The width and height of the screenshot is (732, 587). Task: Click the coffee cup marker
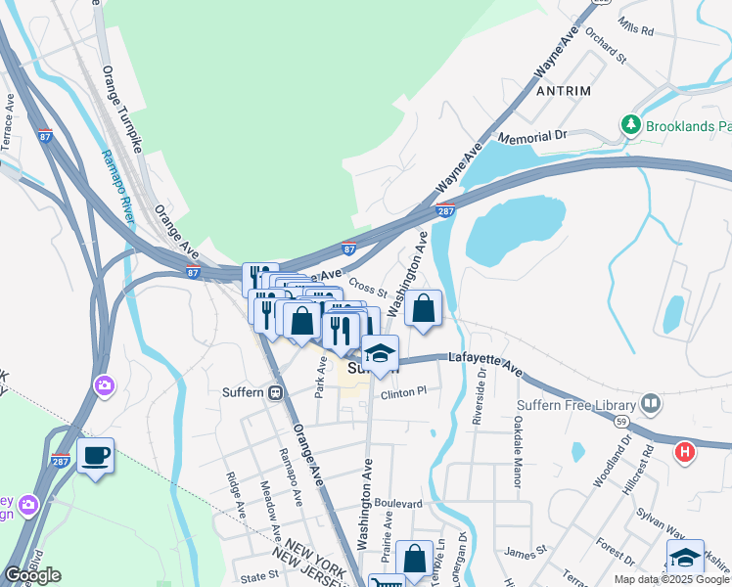(x=95, y=456)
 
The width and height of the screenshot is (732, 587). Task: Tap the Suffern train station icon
(x=276, y=393)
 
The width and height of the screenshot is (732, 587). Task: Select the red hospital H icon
(x=685, y=453)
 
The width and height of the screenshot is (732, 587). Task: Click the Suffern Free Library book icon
(x=651, y=403)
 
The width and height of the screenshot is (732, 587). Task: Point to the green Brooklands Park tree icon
(x=631, y=125)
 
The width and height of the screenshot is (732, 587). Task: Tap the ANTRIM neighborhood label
(x=564, y=91)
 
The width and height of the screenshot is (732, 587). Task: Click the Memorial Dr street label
(x=532, y=138)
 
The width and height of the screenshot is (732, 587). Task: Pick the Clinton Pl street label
(x=404, y=393)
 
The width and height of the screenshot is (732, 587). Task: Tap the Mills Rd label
(x=635, y=30)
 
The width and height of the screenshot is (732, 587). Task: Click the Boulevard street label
(x=397, y=504)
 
